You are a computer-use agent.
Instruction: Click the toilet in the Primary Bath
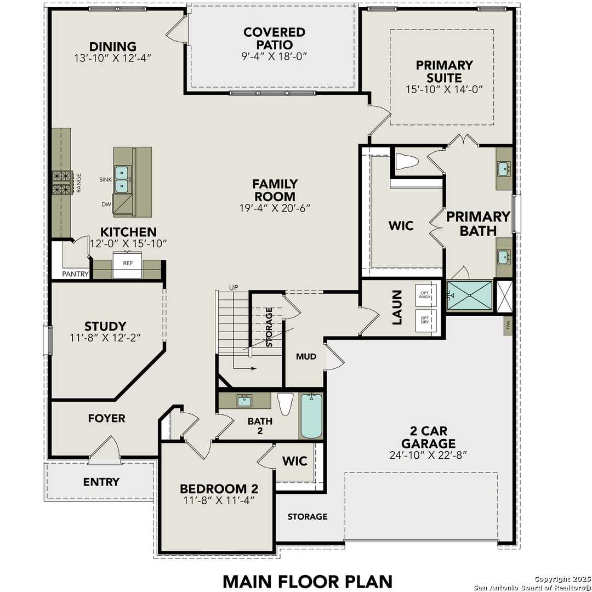pos(406,161)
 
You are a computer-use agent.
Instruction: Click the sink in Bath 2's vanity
pos(244,401)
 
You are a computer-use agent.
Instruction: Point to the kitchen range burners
pos(62,183)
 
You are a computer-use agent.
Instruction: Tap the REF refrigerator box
pos(128,264)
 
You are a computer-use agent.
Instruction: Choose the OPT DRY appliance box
pos(425,320)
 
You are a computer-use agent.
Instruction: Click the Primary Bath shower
pos(470,295)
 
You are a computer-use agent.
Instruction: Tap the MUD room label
pos(306,357)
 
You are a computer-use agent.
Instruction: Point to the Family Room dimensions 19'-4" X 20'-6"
pos(275,208)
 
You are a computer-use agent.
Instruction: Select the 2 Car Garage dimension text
pos(428,454)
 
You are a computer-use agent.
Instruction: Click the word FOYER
pos(106,418)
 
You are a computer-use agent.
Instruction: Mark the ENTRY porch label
pos(101,482)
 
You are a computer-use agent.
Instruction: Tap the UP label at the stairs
pos(234,288)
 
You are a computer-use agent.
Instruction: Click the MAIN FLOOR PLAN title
pos(308,580)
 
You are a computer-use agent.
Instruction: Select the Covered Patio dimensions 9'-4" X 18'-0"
pos(275,56)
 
